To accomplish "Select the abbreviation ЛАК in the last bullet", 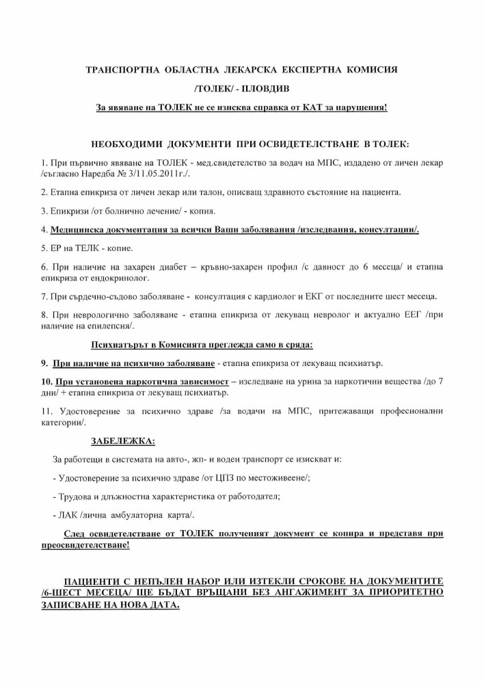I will [69, 514].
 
